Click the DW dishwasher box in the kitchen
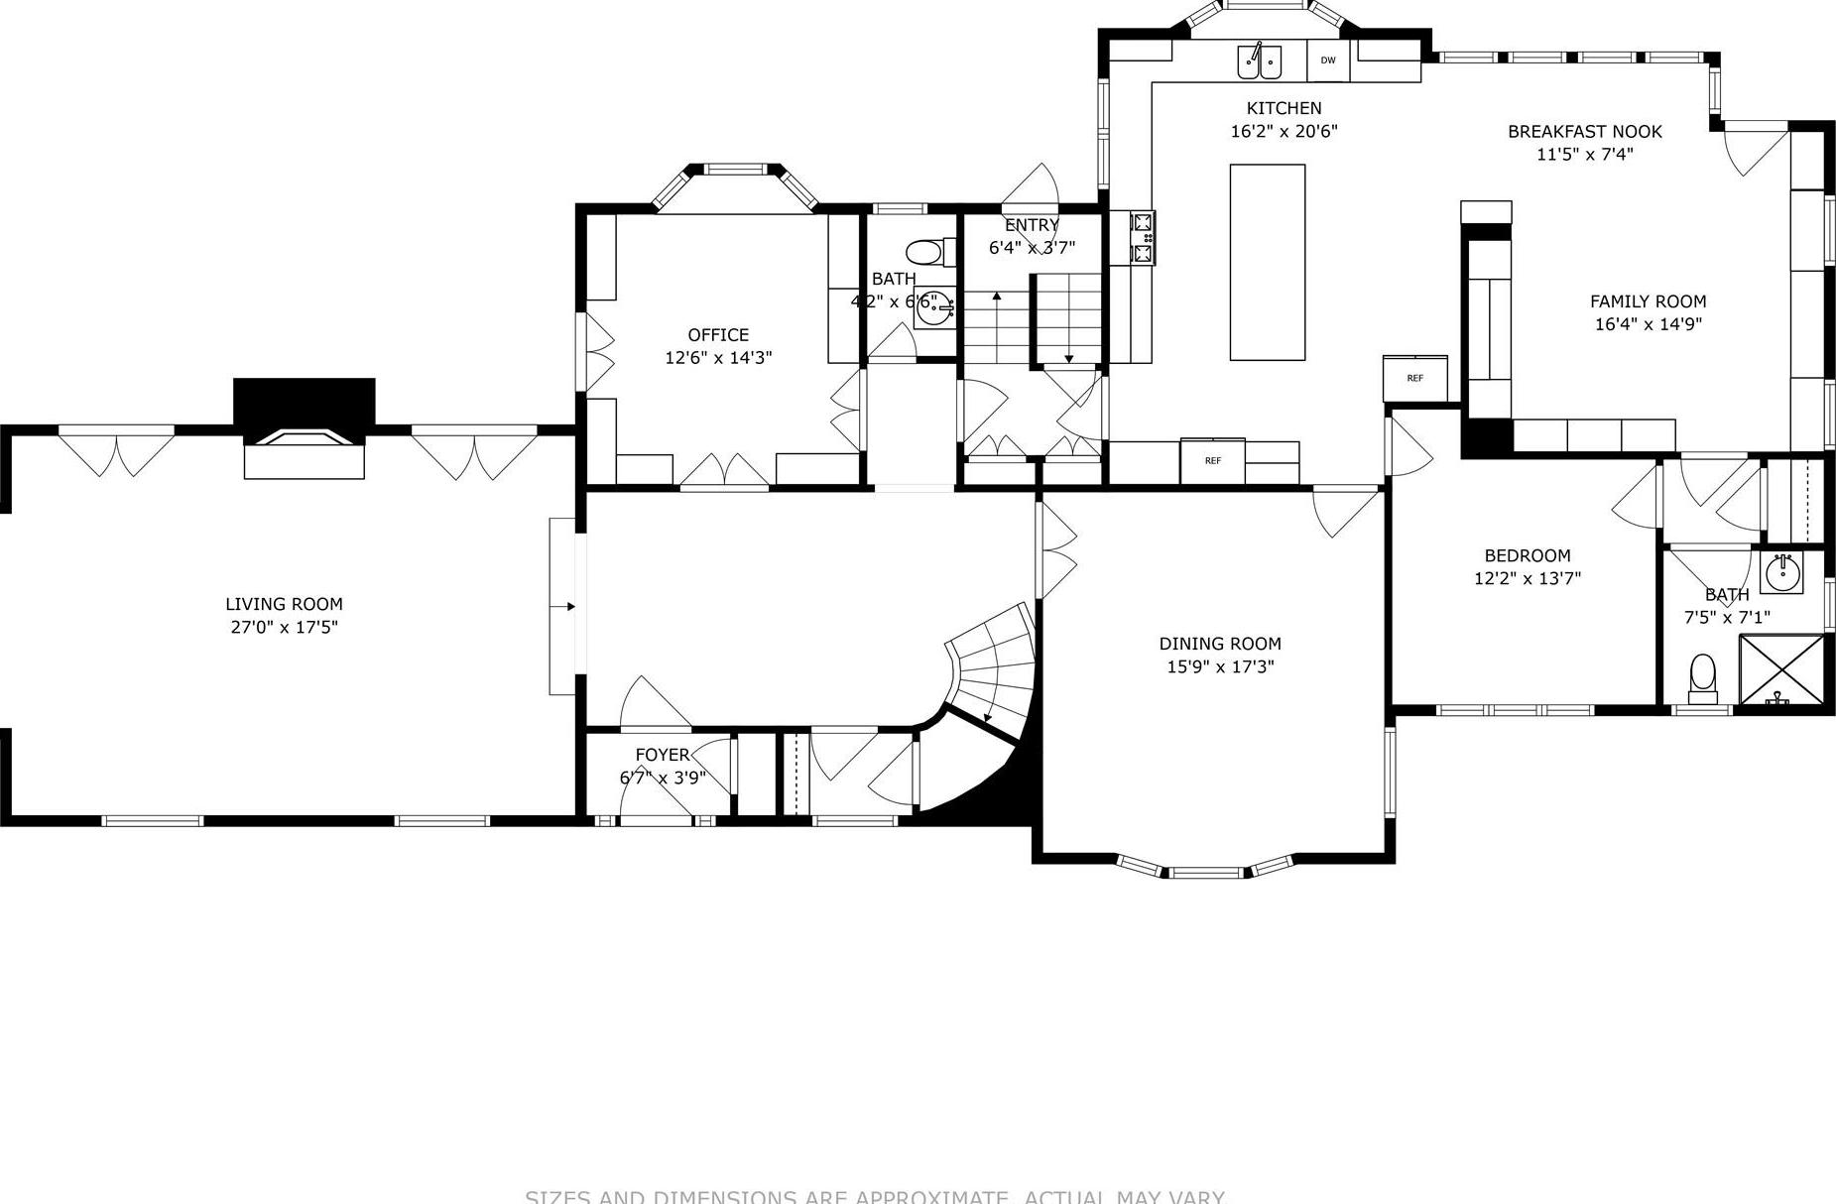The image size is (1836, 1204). point(1328,60)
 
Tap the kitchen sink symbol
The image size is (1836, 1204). point(1259,61)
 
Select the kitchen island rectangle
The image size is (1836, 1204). point(1267,262)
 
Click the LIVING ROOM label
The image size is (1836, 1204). point(284,604)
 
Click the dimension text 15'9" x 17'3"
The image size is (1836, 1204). point(1220,666)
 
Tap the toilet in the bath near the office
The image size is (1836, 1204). point(925,252)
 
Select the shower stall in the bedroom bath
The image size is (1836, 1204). point(1781,672)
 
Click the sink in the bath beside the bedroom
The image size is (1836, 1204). point(1781,572)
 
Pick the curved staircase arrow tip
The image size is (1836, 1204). point(987,718)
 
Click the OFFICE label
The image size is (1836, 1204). point(718,335)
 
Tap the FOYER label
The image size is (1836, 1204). point(662,755)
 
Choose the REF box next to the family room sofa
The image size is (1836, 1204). point(1415,378)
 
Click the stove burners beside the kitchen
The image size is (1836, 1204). point(1143,237)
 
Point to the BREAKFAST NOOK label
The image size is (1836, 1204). point(1584,131)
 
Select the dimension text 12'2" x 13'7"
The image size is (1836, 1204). point(1527,578)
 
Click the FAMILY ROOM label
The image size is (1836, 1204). point(1648,301)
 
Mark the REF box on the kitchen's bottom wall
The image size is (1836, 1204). point(1212,460)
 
